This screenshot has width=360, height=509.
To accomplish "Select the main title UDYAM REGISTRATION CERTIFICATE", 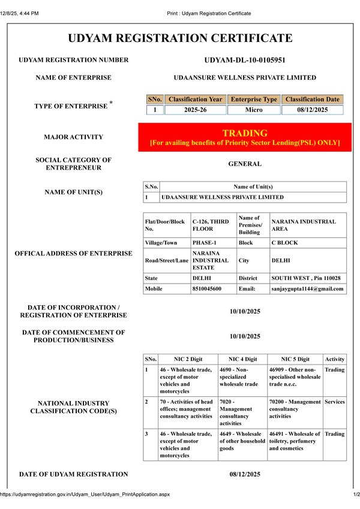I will pyautogui.click(x=180, y=38).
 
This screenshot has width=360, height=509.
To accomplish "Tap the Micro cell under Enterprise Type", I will pyautogui.click(x=254, y=110).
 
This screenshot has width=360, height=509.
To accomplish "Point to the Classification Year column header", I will pyautogui.click(x=196, y=99).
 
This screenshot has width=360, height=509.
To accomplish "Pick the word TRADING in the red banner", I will pyautogui.click(x=245, y=132).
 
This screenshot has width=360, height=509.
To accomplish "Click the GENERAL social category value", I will pyautogui.click(x=244, y=164).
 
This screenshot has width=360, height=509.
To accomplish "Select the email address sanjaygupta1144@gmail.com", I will pyautogui.click(x=308, y=288).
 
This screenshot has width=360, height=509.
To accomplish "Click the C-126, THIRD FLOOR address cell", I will pyautogui.click(x=212, y=225).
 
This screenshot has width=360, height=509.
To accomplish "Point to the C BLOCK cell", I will pyautogui.click(x=284, y=243).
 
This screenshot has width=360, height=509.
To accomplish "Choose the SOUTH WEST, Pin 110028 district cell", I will pyautogui.click(x=306, y=278).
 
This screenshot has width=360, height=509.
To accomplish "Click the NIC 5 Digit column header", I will pyautogui.click(x=295, y=359).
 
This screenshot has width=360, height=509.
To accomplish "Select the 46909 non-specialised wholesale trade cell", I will pyautogui.click(x=295, y=377).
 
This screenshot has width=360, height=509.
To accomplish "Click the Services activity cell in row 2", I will pyautogui.click(x=335, y=402).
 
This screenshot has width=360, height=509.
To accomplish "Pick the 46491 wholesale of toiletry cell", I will pyautogui.click(x=295, y=441).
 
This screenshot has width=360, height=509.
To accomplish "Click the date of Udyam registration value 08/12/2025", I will pyautogui.click(x=244, y=475).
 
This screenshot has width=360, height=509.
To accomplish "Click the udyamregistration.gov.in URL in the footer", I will pyautogui.click(x=85, y=495).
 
